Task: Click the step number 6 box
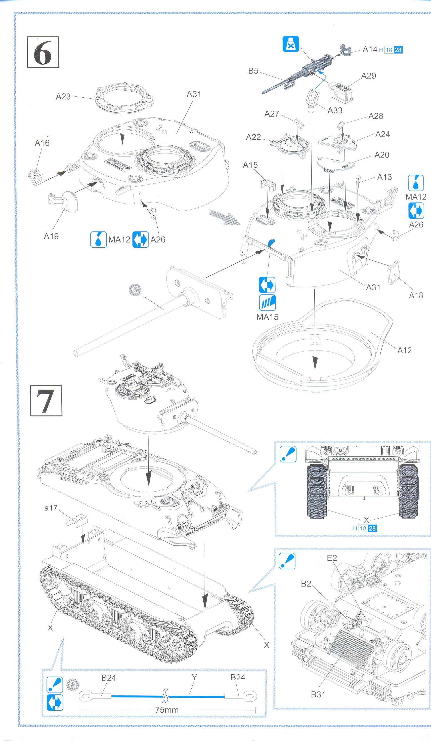tap(43, 52)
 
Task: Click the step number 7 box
tap(46, 400)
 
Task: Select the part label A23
tap(63, 96)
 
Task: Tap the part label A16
tap(42, 143)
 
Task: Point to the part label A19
tap(51, 236)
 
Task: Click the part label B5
tap(253, 71)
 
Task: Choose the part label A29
tap(368, 76)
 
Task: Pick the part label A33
tap(335, 110)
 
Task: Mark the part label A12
tap(404, 350)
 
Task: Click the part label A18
tap(416, 295)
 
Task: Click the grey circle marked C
tap(135, 290)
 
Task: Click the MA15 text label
tap(267, 317)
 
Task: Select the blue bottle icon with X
tap(291, 44)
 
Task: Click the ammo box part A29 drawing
tap(340, 91)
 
